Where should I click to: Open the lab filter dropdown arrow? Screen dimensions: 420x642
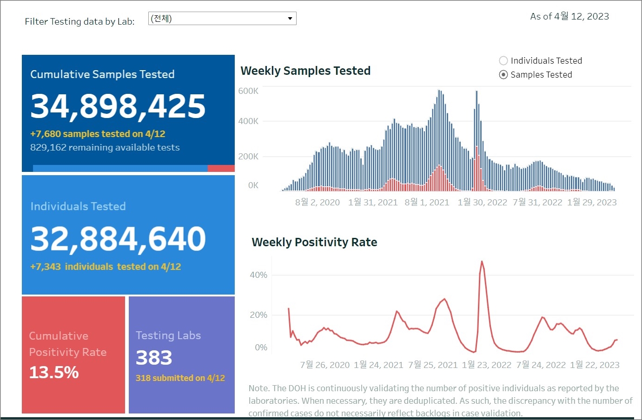pyautogui.click(x=290, y=19)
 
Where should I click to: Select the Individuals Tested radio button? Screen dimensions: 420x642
pyautogui.click(x=503, y=61)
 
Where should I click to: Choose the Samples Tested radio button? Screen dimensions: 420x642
pyautogui.click(x=503, y=75)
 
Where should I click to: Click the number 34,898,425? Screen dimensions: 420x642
pyautogui.click(x=118, y=106)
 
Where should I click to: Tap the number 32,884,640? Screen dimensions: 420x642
pyautogui.click(x=118, y=239)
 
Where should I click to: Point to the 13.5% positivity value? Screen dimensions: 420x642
pyautogui.click(x=54, y=373)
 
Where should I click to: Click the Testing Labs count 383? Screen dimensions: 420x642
pyautogui.click(x=154, y=358)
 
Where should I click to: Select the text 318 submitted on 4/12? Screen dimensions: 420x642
pyautogui.click(x=180, y=378)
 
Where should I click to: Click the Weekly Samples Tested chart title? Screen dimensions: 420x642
pyautogui.click(x=305, y=71)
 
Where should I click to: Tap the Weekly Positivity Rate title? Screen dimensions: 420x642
pyautogui.click(x=314, y=243)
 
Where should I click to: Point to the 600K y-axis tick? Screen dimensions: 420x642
pyautogui.click(x=248, y=91)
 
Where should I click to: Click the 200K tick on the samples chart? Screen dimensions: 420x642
pyautogui.click(x=248, y=157)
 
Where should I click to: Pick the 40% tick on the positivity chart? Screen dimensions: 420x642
pyautogui.click(x=258, y=275)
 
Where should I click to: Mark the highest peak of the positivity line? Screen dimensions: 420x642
pyautogui.click(x=482, y=262)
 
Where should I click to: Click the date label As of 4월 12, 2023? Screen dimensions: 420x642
pyautogui.click(x=569, y=17)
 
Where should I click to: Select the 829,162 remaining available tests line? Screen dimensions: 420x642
pyautogui.click(x=105, y=148)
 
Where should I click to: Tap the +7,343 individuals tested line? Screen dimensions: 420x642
pyautogui.click(x=106, y=267)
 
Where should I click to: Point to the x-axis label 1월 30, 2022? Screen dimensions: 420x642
pyautogui.click(x=482, y=203)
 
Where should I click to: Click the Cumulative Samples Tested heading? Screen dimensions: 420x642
pyautogui.click(x=102, y=74)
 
